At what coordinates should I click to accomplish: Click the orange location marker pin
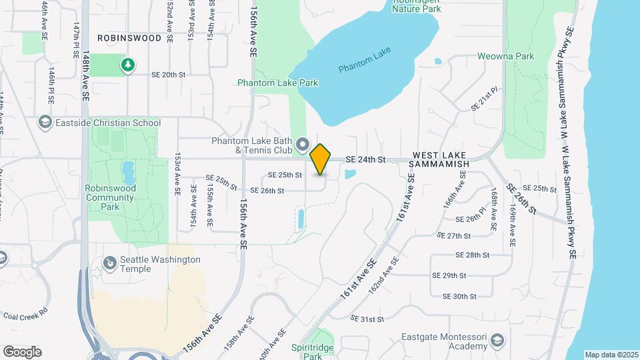[x=321, y=159]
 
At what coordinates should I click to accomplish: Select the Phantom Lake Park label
[x=278, y=83]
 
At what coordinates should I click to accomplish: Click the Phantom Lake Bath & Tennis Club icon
[x=303, y=144]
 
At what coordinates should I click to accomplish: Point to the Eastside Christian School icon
[x=45, y=122]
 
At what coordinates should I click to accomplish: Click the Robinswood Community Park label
[x=110, y=197]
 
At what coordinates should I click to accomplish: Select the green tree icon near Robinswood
[x=127, y=65]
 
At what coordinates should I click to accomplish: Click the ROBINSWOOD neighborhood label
[x=129, y=38]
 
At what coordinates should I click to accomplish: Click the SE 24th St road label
[x=366, y=159]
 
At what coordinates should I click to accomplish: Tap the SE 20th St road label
[x=168, y=75]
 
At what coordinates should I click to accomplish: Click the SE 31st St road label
[x=367, y=319]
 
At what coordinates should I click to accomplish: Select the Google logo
[x=22, y=351]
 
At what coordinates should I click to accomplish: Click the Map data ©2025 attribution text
[x=611, y=355]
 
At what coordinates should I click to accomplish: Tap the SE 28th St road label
[x=473, y=255]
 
